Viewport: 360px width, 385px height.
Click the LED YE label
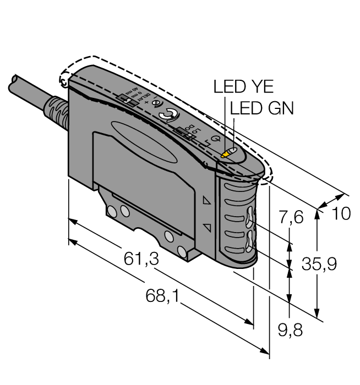(243, 87)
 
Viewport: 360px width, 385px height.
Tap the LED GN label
(262, 108)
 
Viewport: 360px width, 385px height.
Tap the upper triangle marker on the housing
(207, 201)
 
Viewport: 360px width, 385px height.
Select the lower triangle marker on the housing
(207, 227)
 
